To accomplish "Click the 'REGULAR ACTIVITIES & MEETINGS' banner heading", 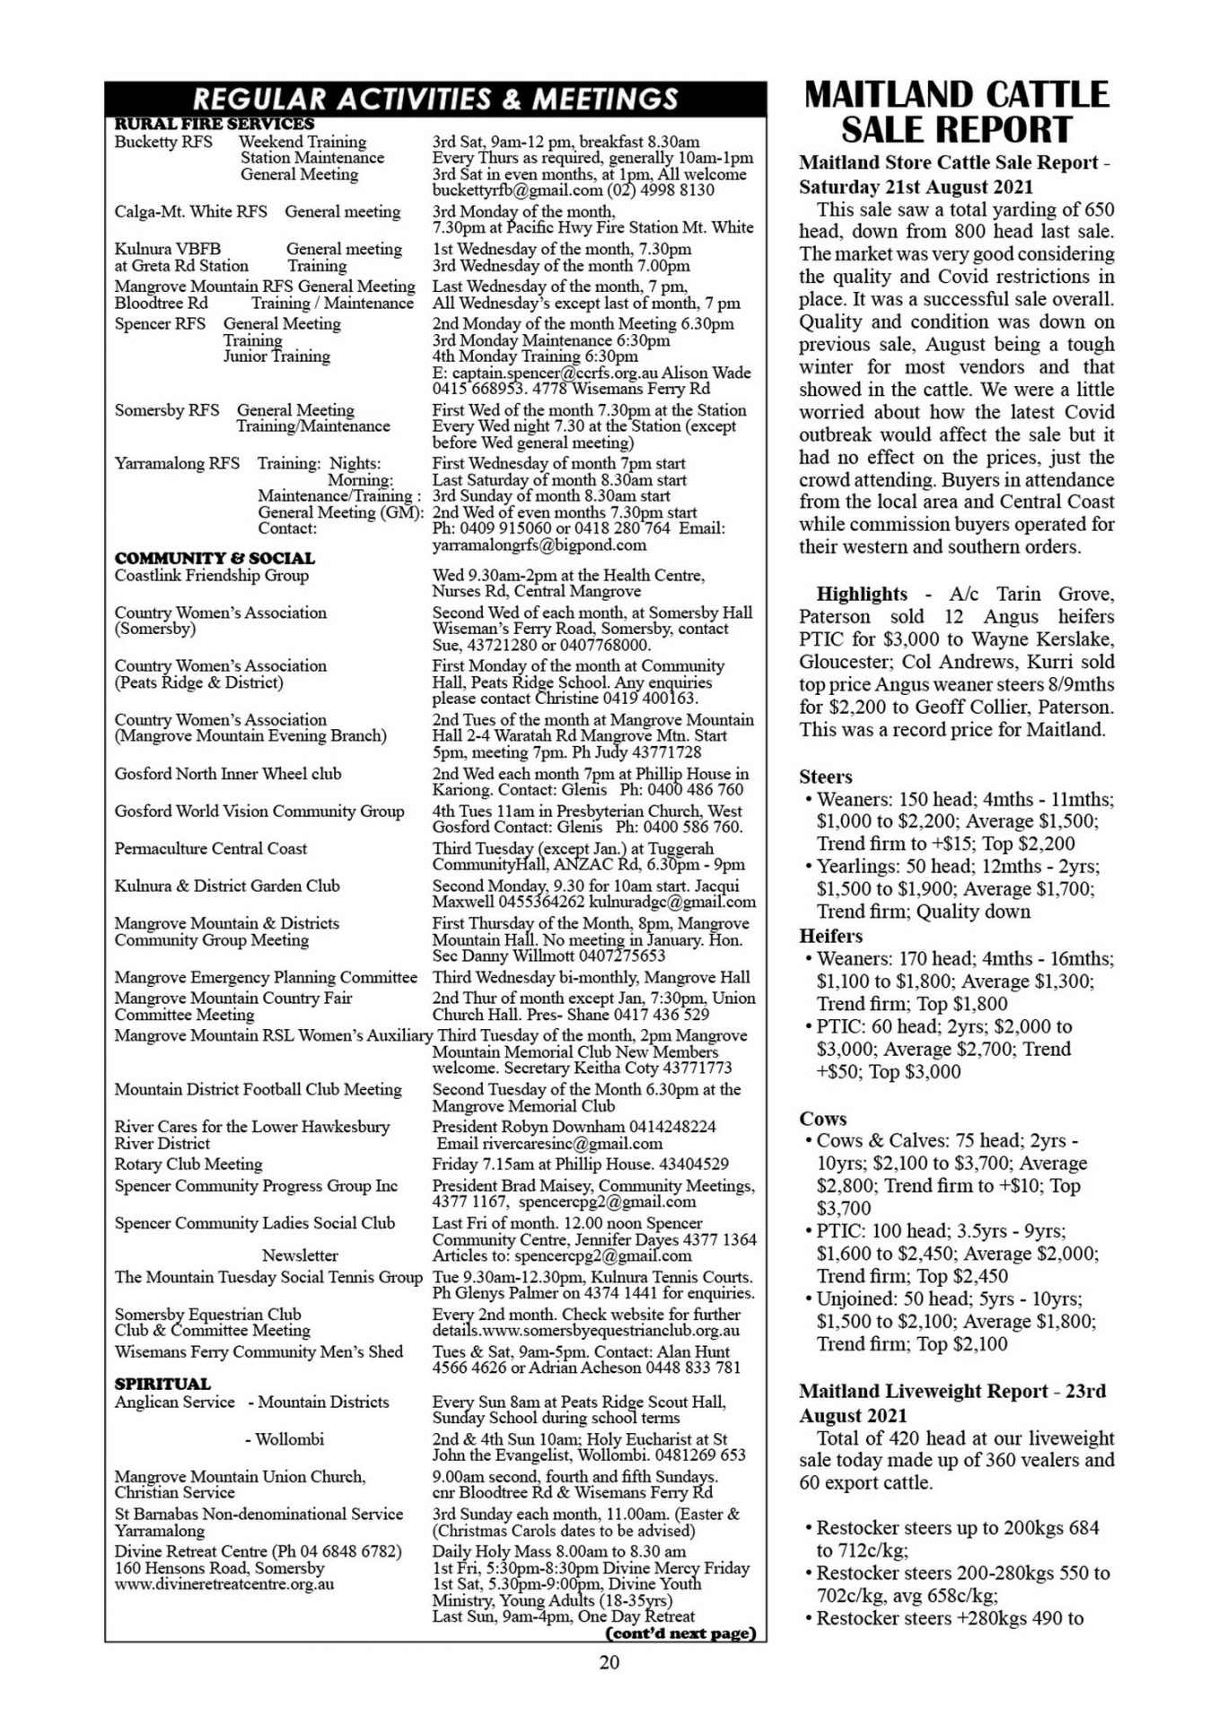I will [435, 98].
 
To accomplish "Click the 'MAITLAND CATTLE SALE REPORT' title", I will [956, 112].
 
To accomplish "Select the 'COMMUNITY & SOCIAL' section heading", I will [215, 558].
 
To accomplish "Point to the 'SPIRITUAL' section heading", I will [162, 1384].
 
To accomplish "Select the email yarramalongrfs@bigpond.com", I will [539, 545].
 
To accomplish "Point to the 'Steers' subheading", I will [826, 777].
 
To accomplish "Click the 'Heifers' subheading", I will [830, 936].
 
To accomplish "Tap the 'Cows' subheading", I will [823, 1119].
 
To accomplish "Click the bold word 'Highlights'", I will [862, 594].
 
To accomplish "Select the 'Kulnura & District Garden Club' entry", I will [227, 886].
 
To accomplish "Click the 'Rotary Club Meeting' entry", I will [189, 1165].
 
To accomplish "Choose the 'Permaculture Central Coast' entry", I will [211, 849].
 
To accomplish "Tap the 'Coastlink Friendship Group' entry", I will [212, 576].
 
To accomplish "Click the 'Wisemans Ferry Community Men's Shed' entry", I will [259, 1352].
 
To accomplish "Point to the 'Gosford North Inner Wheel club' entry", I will [228, 774].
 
